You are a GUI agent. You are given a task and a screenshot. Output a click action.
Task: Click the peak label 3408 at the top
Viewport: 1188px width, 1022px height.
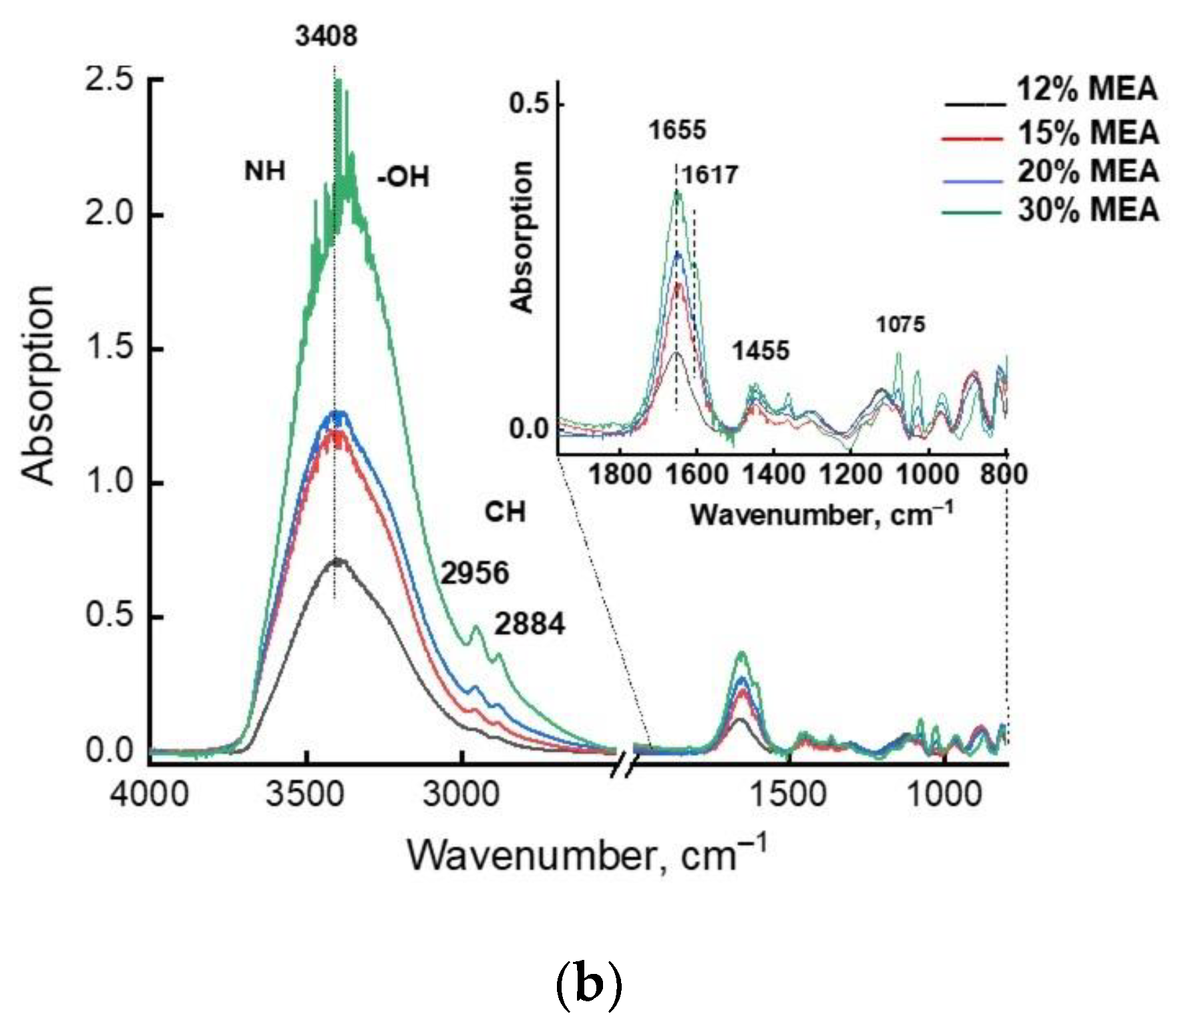[327, 36]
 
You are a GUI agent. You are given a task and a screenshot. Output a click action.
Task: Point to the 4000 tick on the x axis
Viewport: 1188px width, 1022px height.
[150, 794]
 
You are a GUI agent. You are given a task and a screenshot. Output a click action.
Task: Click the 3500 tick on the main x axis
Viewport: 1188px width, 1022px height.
[305, 794]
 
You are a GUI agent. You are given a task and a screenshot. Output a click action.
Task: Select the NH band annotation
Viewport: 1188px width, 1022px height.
[265, 172]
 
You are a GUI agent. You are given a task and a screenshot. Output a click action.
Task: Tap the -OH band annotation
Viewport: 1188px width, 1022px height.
[403, 178]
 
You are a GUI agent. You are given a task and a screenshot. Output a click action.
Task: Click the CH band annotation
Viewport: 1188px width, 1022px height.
[506, 513]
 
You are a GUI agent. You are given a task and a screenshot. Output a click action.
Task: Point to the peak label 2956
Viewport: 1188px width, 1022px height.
[475, 573]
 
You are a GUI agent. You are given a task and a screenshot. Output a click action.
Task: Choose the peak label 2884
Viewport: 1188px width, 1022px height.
[530, 625]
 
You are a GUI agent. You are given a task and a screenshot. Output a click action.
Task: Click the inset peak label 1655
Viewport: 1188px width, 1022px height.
[677, 130]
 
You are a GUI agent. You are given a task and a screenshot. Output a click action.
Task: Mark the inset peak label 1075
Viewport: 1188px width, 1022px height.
[900, 325]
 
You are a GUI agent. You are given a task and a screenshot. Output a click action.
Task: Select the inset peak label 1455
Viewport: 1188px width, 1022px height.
[761, 351]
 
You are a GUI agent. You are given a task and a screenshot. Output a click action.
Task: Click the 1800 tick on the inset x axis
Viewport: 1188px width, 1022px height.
[620, 475]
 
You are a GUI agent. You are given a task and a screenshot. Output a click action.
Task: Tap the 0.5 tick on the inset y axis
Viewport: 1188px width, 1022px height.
[528, 104]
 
